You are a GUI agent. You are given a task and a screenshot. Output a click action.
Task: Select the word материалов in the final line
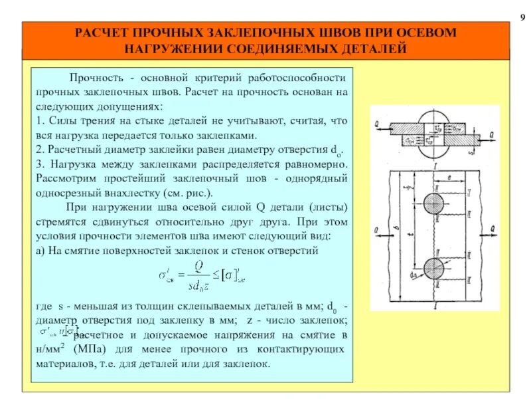click(x=65, y=364)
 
